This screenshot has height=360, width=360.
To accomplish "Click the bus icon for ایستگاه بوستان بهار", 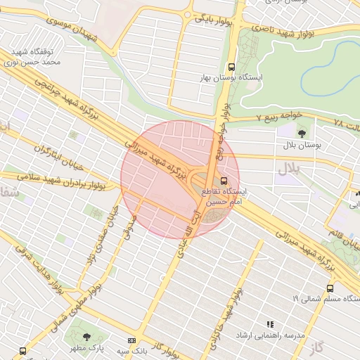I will [x=232, y=66].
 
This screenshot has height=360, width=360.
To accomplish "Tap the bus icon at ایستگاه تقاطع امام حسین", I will [x=224, y=180].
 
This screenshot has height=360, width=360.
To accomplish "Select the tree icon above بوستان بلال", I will [x=302, y=133].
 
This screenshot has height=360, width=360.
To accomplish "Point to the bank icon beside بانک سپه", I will [x=131, y=340].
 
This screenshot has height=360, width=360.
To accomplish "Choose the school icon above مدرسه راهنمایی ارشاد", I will [x=269, y=324].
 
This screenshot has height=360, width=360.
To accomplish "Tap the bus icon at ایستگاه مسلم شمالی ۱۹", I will [x=330, y=288].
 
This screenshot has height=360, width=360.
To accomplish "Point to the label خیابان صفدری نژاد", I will [x=100, y=239].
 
